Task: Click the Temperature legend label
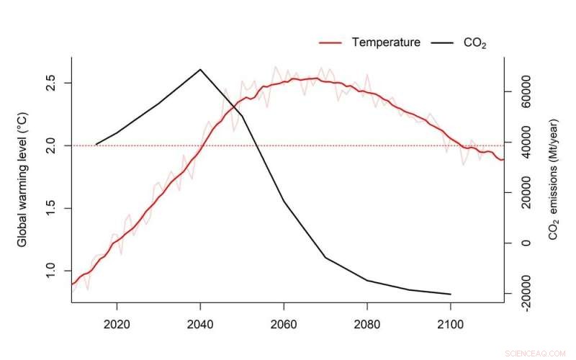(x=386, y=42)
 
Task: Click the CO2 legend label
(x=474, y=42)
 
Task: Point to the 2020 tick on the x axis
(x=117, y=325)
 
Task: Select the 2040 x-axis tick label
(x=200, y=325)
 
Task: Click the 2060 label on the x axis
(x=284, y=325)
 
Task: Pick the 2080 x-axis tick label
(x=367, y=325)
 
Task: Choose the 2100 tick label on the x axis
(x=451, y=325)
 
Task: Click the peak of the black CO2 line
(x=200, y=70)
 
